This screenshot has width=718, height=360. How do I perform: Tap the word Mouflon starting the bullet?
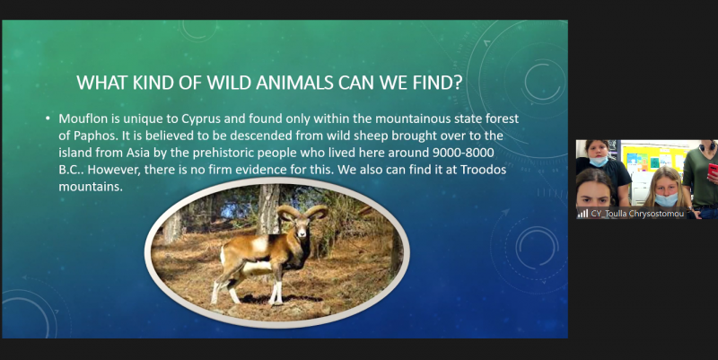83,119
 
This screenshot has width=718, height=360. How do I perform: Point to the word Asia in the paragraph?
138,153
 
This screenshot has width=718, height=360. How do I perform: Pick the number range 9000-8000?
463,153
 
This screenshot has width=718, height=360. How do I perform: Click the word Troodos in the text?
483,170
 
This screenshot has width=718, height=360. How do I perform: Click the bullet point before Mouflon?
48,119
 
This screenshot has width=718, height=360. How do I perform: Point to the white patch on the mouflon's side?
259,243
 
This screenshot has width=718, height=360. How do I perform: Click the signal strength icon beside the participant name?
582,214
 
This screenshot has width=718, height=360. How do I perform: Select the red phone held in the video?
714,172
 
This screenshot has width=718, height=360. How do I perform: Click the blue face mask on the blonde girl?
666,199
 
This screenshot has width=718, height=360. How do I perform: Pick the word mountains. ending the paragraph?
91,187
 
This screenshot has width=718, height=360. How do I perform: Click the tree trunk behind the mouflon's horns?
268,207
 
